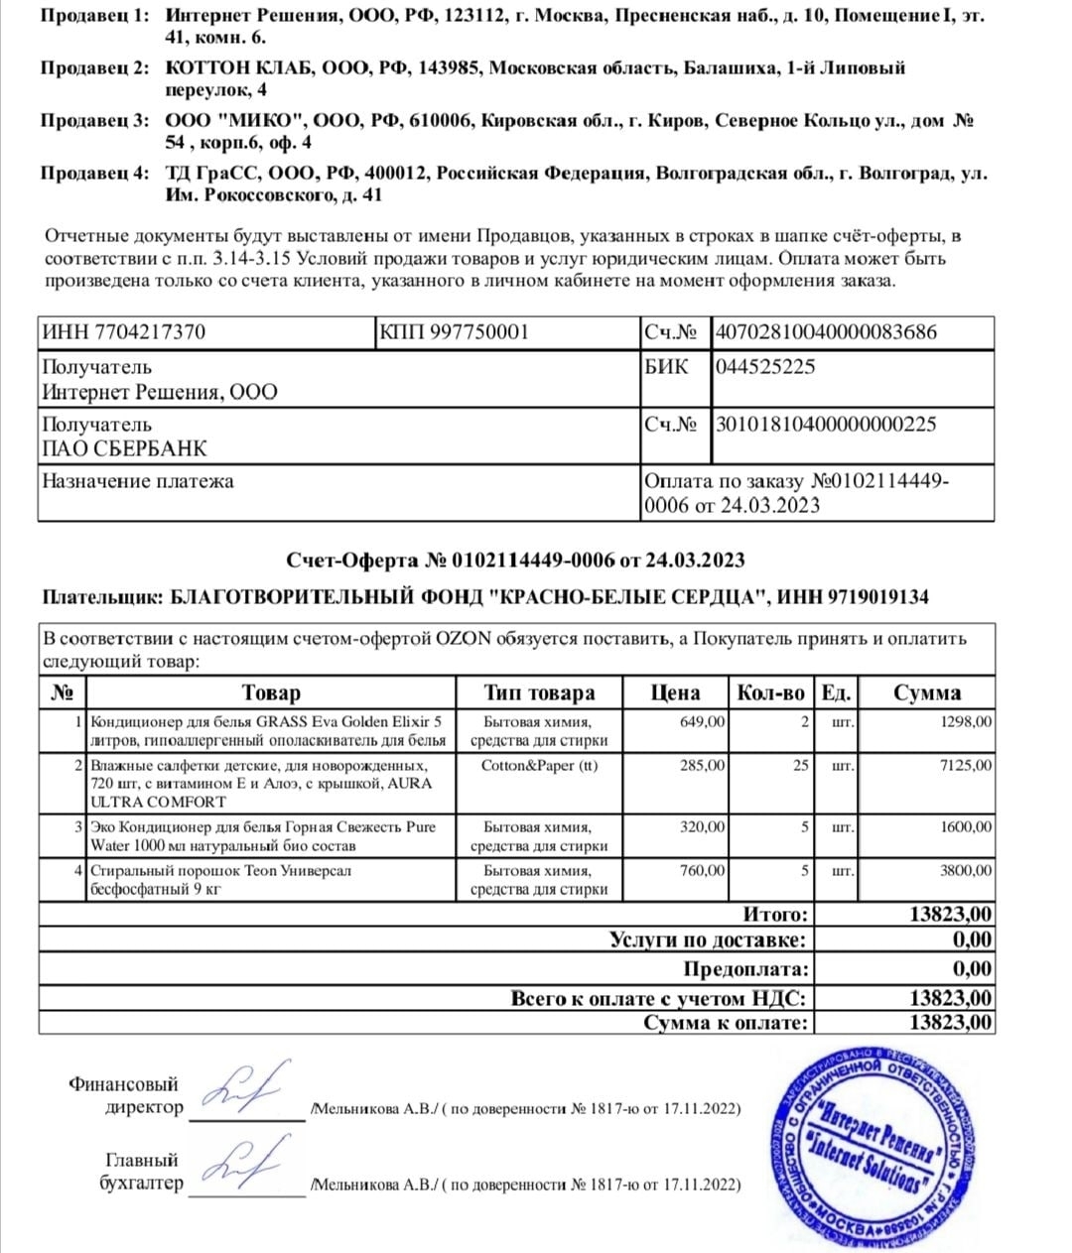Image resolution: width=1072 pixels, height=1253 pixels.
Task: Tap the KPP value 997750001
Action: [479, 332]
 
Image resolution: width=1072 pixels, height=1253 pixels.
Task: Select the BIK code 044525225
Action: [765, 367]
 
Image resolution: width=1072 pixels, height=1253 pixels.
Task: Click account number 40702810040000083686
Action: [826, 332]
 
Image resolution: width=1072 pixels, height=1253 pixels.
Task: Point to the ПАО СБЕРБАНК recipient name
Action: [124, 448]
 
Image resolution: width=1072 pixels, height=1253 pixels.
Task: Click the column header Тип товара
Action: [539, 692]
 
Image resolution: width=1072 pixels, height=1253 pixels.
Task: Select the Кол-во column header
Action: [770, 692]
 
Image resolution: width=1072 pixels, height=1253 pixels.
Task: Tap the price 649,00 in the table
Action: [702, 722]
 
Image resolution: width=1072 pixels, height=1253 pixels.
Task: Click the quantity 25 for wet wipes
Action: [800, 766]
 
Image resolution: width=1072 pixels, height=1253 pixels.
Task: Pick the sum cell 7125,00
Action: [966, 766]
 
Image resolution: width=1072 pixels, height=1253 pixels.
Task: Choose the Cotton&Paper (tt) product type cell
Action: [539, 766]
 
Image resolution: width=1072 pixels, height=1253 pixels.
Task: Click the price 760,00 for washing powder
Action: [702, 871]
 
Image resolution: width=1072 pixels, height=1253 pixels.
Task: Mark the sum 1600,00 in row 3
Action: [966, 827]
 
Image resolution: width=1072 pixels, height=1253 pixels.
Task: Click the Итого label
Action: [775, 915]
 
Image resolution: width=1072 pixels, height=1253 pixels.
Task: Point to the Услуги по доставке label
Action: [708, 940]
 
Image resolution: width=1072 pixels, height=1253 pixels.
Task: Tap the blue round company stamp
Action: [871, 1148]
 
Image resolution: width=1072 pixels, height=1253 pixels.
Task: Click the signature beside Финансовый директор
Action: [248, 1088]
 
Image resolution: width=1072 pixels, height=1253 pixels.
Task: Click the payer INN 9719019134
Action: [873, 597]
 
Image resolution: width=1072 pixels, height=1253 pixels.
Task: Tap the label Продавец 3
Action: [94, 121]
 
